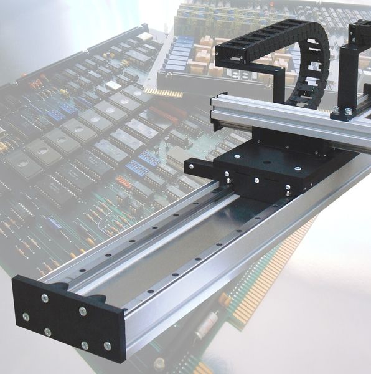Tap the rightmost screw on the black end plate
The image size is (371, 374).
click(x=107, y=346)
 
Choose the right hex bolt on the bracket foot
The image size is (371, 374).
click(x=349, y=112)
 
